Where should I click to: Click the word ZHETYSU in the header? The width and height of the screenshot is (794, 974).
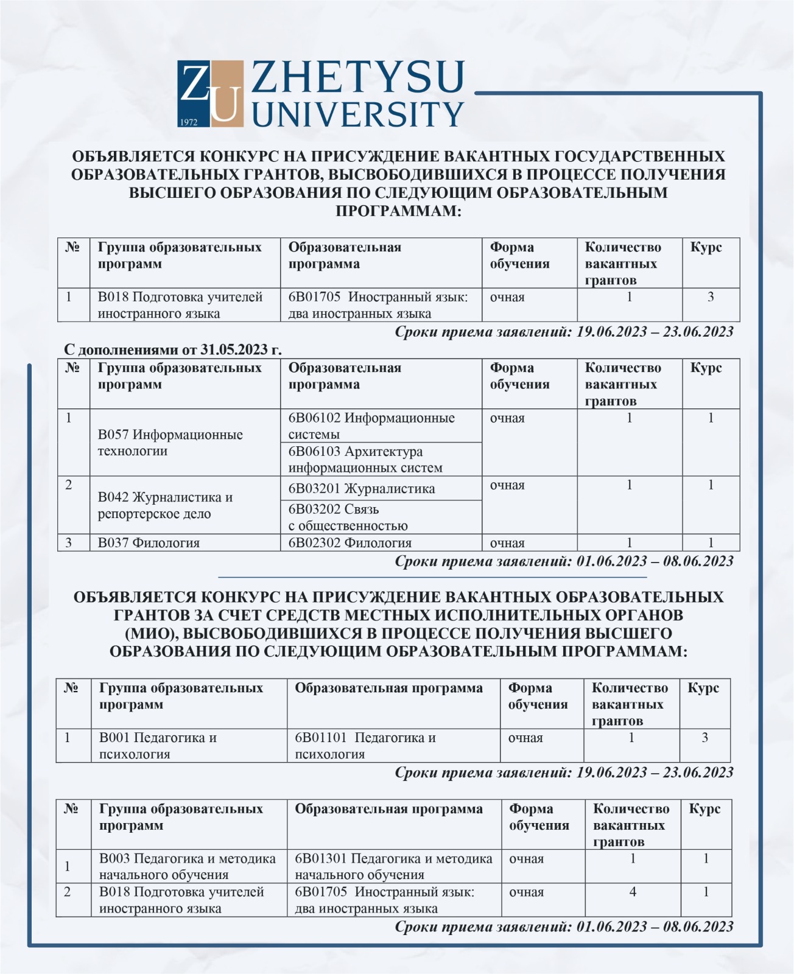pyautogui.click(x=358, y=78)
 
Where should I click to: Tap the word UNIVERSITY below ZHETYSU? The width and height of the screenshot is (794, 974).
pyautogui.click(x=358, y=114)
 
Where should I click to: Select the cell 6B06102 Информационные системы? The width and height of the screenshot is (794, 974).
pyautogui.click(x=371, y=426)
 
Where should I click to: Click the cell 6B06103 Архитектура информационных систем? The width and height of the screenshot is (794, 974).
pyautogui.click(x=365, y=460)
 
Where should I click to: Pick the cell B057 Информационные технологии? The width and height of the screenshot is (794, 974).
pyautogui.click(x=170, y=443)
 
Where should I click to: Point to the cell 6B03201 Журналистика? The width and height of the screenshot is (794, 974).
pyautogui.click(x=362, y=489)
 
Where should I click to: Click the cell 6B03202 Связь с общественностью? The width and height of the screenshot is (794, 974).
pyautogui.click(x=348, y=517)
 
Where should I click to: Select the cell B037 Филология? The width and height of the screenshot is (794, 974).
pyautogui.click(x=149, y=543)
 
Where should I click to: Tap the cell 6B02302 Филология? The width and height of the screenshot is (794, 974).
pyautogui.click(x=350, y=543)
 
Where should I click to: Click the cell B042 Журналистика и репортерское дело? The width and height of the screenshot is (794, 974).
pyautogui.click(x=165, y=505)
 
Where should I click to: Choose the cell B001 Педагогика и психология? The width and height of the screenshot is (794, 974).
pyautogui.click(x=158, y=746)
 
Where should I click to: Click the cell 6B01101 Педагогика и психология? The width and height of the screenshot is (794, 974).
pyautogui.click(x=365, y=746)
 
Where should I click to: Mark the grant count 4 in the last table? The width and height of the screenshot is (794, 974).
pyautogui.click(x=633, y=892)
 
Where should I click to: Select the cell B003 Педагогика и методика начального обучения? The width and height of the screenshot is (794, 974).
pyautogui.click(x=187, y=866)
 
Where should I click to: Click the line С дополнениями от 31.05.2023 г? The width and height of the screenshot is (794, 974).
pyautogui.click(x=173, y=350)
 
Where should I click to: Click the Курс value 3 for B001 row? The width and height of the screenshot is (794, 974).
pyautogui.click(x=704, y=738)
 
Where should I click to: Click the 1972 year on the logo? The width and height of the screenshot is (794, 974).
pyautogui.click(x=189, y=122)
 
